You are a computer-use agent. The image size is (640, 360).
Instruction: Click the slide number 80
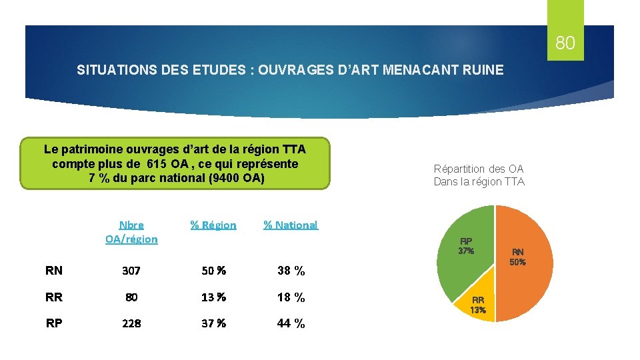point(565,44)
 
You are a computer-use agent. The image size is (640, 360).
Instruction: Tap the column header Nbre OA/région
point(131,232)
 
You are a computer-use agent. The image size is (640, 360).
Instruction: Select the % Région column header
point(213,225)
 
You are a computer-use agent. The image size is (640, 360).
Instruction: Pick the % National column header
point(291,225)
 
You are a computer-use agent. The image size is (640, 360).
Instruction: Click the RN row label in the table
point(54,270)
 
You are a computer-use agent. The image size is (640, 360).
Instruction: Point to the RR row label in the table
point(54,297)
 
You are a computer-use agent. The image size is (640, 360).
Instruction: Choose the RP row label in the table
point(54,323)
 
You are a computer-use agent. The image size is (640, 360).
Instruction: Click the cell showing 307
point(131,270)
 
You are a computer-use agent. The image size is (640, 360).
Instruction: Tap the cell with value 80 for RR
point(131,297)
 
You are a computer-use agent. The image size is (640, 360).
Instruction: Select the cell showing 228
point(131,323)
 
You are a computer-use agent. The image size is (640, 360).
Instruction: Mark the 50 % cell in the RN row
point(213,270)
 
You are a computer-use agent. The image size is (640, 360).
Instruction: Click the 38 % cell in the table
point(291,270)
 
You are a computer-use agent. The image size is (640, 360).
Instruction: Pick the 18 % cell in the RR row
point(291,297)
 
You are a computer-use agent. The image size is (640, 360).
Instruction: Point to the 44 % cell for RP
point(291,323)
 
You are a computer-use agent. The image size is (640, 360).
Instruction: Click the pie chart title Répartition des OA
point(479,169)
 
